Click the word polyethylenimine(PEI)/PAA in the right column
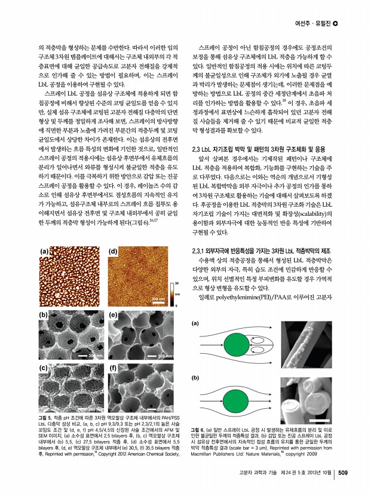(x=272, y=297)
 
